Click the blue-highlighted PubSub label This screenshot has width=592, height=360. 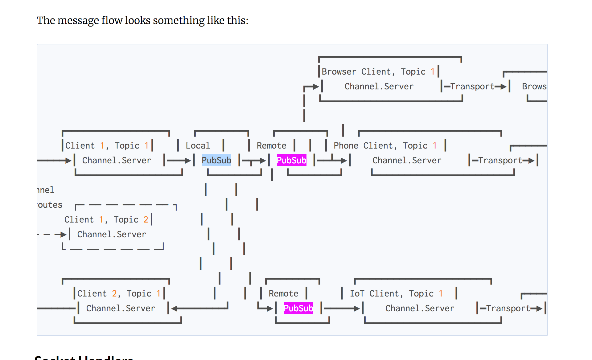pyautogui.click(x=216, y=160)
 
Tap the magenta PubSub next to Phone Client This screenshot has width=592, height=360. pyautogui.click(x=291, y=160)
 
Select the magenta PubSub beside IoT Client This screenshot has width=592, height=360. pyautogui.click(x=298, y=308)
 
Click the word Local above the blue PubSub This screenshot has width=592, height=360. pyautogui.click(x=198, y=145)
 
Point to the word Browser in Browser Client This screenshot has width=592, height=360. pyautogui.click(x=339, y=72)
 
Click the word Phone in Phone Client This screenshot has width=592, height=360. pyautogui.click(x=346, y=145)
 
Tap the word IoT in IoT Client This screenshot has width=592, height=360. pyautogui.click(x=357, y=293)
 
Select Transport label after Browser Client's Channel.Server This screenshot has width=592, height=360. pyautogui.click(x=472, y=86)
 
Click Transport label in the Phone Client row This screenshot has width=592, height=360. pyautogui.click(x=500, y=160)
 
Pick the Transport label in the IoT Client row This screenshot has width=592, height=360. pyautogui.click(x=508, y=308)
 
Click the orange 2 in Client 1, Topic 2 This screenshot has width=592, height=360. pyautogui.click(x=146, y=219)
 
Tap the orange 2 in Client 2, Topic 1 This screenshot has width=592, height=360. pyautogui.click(x=114, y=293)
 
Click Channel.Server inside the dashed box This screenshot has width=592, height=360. pyautogui.click(x=111, y=234)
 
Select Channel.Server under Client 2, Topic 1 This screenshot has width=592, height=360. pyautogui.click(x=121, y=308)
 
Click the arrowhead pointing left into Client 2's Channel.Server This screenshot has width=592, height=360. pyautogui.click(x=175, y=308)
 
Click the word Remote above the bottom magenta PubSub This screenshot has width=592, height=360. pyautogui.click(x=283, y=293)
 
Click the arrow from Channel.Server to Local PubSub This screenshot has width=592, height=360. pyautogui.click(x=179, y=160)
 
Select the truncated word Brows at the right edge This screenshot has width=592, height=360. pyautogui.click(x=534, y=86)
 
